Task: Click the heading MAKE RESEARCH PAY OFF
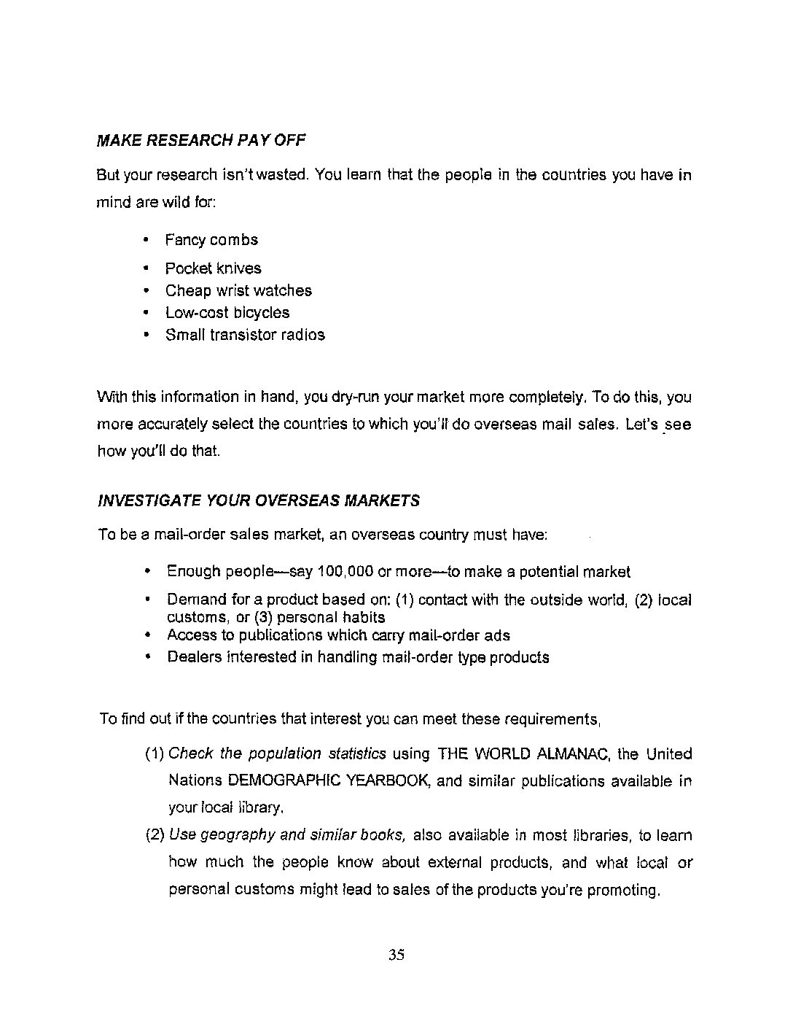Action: [201, 140]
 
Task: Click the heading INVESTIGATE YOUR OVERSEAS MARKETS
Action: [259, 501]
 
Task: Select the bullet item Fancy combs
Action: [211, 240]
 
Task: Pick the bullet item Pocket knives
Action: [213, 268]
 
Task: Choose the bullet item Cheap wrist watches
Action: [238, 290]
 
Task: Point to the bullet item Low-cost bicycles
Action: [227, 313]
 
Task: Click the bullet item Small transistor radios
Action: [245, 335]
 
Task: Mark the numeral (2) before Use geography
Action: [155, 835]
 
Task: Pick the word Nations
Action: [194, 780]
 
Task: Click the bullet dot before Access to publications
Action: [148, 635]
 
